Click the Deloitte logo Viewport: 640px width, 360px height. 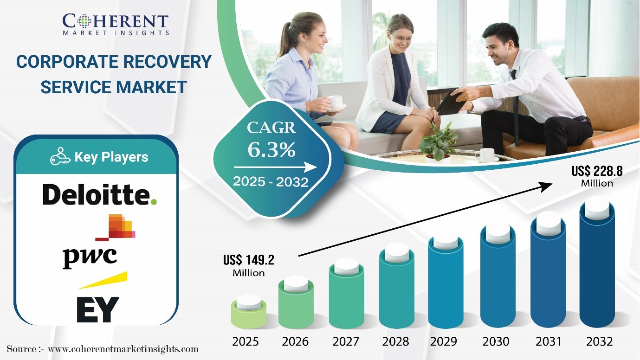(100, 194)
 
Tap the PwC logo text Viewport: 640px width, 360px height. (90, 257)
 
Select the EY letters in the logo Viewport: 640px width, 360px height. (98, 309)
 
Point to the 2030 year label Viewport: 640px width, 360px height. (496, 341)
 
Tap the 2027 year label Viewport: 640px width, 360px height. (345, 341)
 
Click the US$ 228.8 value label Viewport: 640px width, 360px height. (597, 176)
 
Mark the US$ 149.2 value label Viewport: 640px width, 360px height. (249, 265)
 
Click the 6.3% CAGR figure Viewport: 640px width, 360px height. (272, 149)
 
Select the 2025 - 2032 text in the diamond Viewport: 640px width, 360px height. (271, 182)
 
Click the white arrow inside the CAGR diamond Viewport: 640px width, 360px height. (275, 167)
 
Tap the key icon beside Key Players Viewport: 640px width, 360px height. (60, 156)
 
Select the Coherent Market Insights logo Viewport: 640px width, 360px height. (116, 25)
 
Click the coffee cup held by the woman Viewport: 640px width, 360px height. (336, 103)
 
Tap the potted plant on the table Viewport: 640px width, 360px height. (438, 143)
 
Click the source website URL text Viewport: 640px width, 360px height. (123, 349)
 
